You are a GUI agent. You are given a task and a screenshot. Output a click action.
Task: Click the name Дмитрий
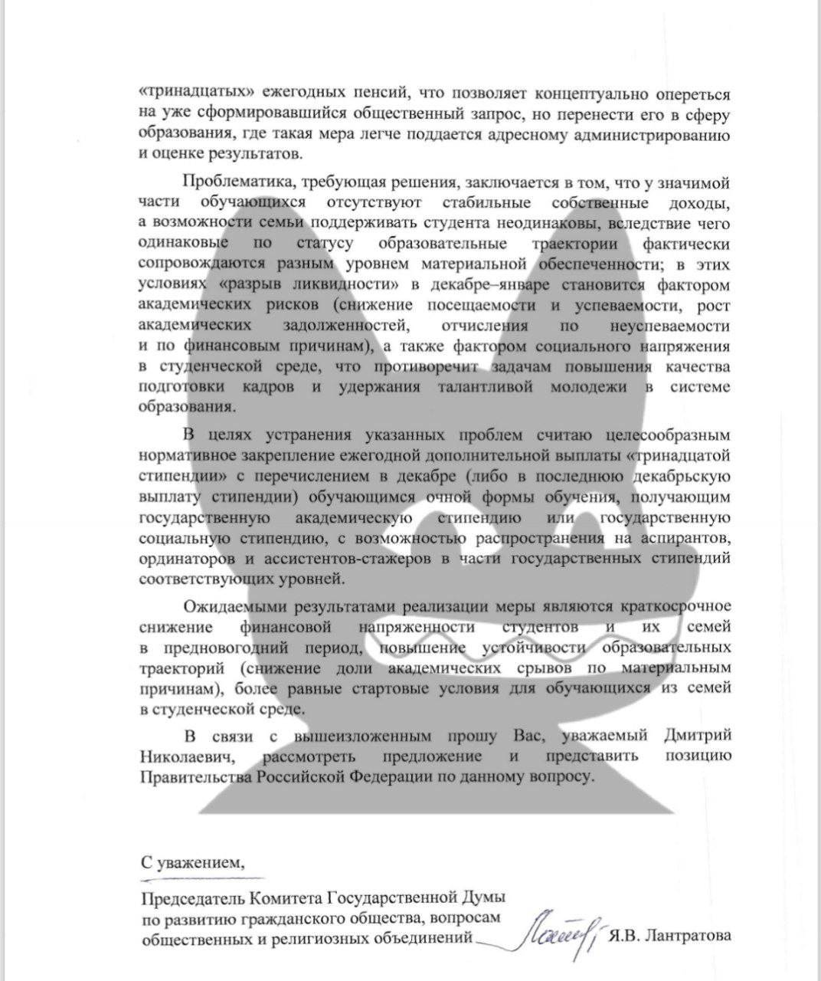[x=695, y=736]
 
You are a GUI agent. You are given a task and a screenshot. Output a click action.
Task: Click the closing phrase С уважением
[x=192, y=861]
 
